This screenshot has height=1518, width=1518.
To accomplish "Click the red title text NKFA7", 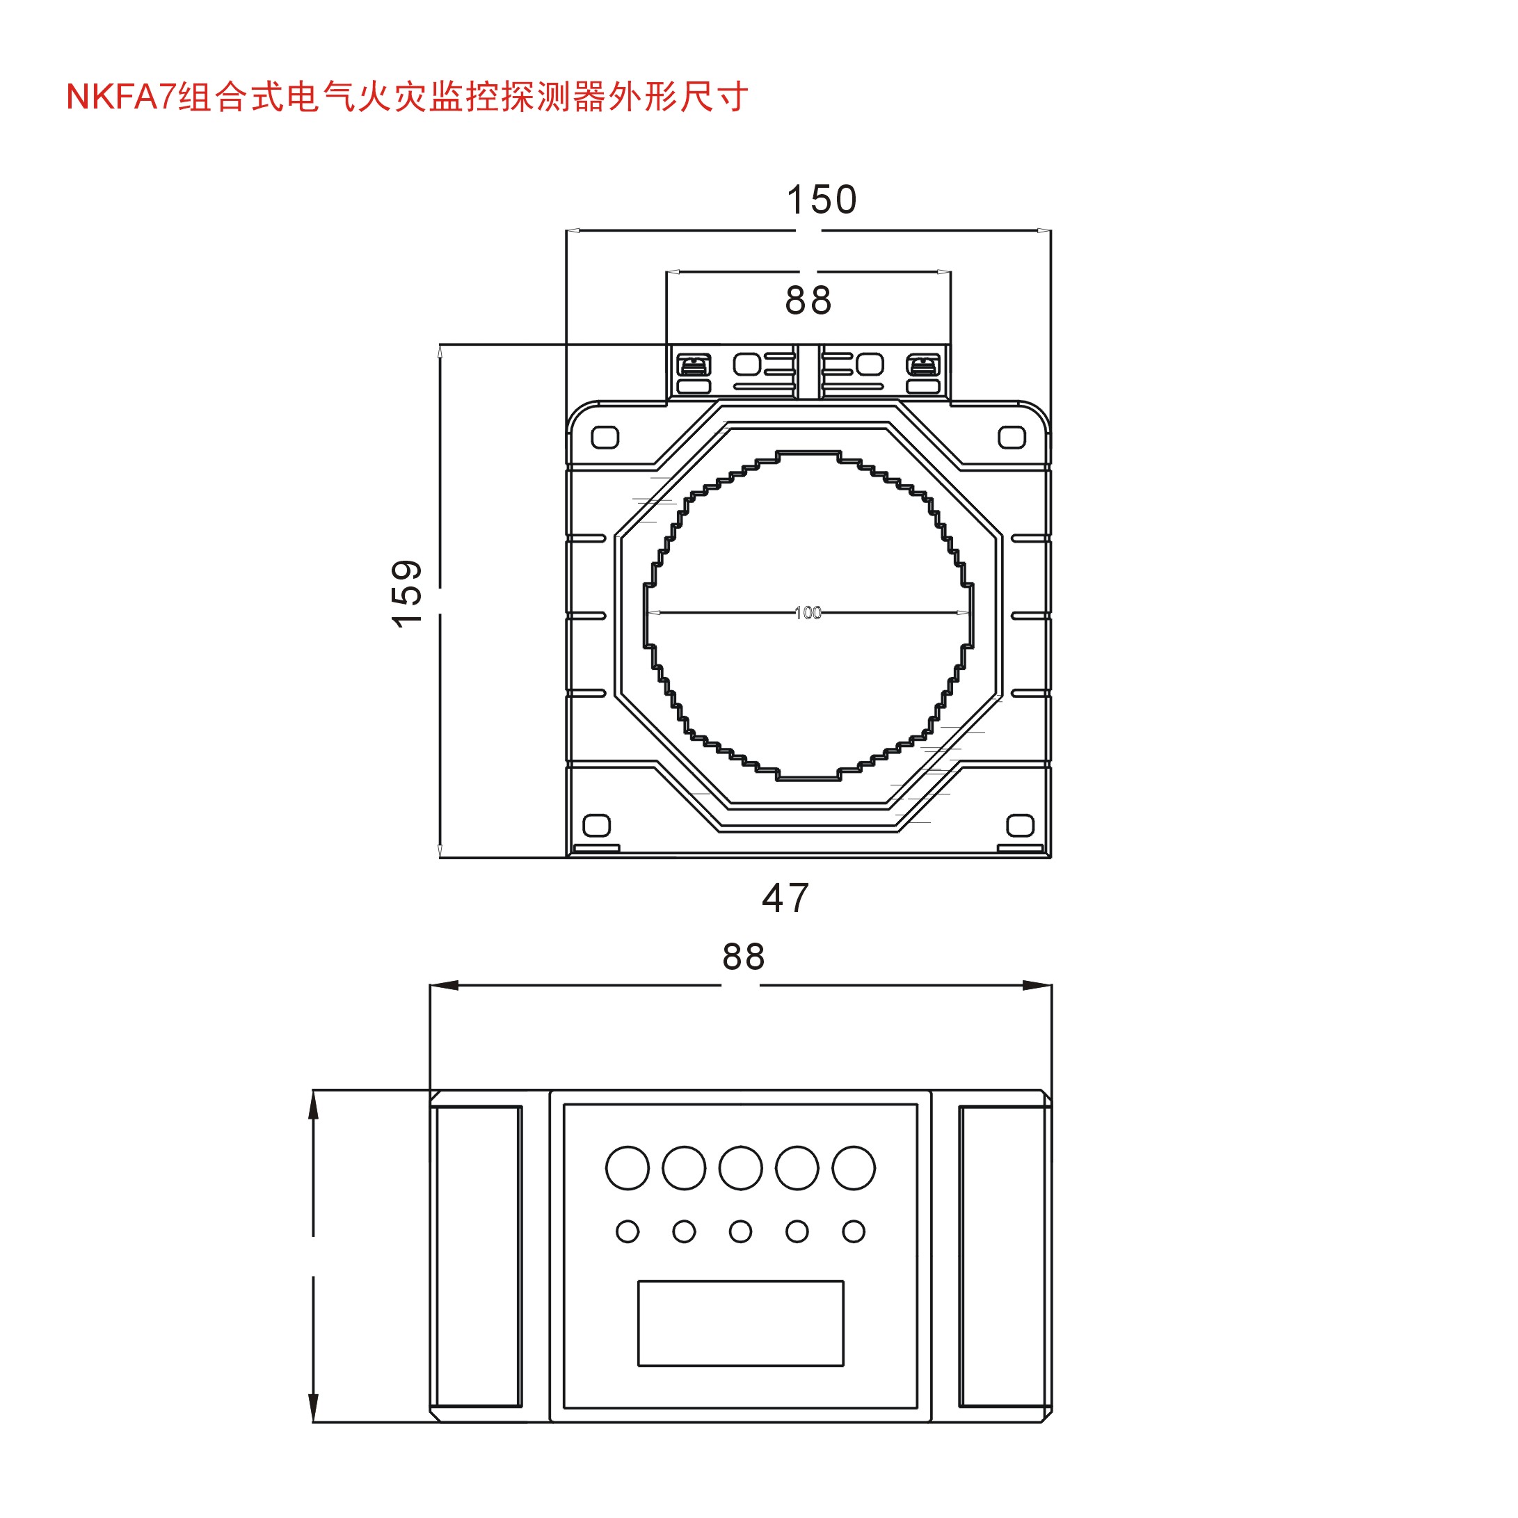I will (x=121, y=97).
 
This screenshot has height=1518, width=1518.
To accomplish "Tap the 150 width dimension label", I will (x=821, y=200).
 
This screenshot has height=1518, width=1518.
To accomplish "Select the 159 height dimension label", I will (x=407, y=593).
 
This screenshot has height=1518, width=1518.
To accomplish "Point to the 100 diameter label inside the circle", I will (x=808, y=612).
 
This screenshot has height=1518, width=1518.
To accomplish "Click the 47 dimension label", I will (x=785, y=898).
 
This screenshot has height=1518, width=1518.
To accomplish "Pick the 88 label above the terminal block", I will (x=808, y=300).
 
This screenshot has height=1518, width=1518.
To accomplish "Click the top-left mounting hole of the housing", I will (x=605, y=437).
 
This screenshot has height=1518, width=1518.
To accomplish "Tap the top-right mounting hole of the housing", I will (x=1012, y=437).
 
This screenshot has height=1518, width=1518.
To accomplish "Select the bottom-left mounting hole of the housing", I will (x=596, y=825).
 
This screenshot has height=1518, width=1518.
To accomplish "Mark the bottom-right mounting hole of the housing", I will (x=1020, y=825).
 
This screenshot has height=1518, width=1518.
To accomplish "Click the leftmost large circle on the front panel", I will (x=627, y=1167).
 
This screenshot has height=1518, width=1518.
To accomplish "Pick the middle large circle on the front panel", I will (x=740, y=1167).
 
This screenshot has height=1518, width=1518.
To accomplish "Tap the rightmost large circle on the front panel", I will (x=854, y=1167).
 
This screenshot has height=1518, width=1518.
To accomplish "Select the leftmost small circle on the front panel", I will (x=627, y=1231).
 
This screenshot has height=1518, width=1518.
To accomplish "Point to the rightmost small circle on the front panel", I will (x=854, y=1231).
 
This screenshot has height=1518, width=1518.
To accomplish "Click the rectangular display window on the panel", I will (x=740, y=1323).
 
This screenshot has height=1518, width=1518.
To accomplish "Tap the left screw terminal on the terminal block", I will (x=693, y=365).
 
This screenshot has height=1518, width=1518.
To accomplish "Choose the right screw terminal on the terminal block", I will (x=922, y=365).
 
